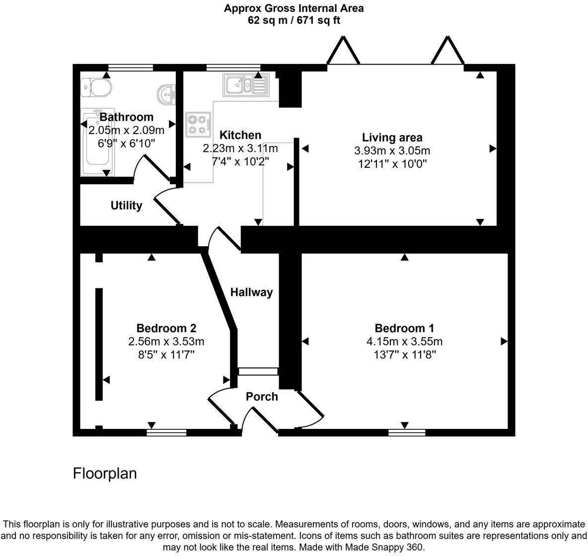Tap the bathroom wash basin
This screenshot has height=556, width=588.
coord(168,94)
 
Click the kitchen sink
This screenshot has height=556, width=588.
coord(245,84)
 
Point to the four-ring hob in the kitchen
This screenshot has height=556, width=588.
coord(198,124)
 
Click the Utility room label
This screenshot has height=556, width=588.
coord(126,206)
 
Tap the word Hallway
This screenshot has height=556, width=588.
coord(251,292)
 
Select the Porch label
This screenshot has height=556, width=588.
coord(262,397)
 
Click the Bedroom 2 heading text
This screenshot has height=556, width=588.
coord(166,328)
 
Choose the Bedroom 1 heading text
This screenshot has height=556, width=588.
coord(404,328)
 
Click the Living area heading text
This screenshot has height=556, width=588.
coord(392,138)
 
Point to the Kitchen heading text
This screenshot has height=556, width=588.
coord(240,135)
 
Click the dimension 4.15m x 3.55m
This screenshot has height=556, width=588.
coord(404,342)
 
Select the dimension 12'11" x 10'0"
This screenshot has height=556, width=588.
coord(392,163)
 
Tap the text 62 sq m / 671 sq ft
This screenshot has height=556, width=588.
coord(294,20)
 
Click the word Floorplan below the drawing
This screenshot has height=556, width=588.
coord(105,473)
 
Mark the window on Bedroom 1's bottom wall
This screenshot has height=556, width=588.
coord(407,432)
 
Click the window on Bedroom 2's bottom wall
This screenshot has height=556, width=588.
coord(166,432)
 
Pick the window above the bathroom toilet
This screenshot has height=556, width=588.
coord(131,67)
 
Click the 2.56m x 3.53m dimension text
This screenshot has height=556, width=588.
coord(166,342)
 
